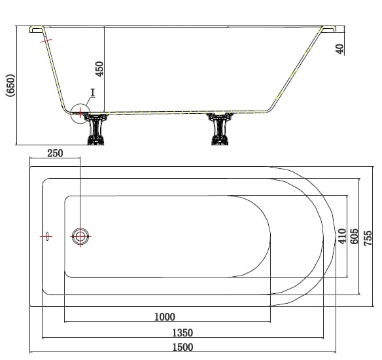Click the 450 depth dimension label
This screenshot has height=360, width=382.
tap(99, 69)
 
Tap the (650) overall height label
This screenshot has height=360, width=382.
tap(10, 85)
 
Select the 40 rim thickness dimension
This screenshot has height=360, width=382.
tap(339, 48)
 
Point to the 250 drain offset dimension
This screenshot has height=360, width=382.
tap(55, 153)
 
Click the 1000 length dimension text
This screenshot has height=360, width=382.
tap(165, 317)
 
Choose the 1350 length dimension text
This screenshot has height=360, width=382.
tap(182, 333)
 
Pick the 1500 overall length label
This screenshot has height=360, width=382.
tap(182, 347)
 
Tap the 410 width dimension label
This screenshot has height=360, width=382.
tap(342, 236)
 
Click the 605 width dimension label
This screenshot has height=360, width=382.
tap(354, 236)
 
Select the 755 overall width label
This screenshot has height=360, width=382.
tap(368, 238)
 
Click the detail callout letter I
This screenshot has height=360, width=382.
tap(93, 93)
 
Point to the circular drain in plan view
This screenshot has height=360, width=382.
tap(80, 236)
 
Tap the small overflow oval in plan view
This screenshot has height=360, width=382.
tap(48, 236)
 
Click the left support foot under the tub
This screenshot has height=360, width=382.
tap(95, 129)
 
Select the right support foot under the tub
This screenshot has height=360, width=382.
tap(220, 129)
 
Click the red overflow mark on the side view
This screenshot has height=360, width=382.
tap(46, 41)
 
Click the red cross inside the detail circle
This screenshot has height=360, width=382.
tap(80, 113)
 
